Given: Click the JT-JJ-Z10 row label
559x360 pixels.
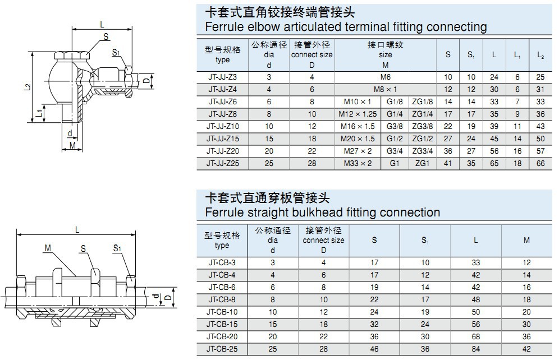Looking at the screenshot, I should point(222,127).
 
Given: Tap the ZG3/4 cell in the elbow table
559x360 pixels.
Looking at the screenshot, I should point(422,151).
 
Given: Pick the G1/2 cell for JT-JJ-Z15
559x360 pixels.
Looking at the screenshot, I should point(395,139).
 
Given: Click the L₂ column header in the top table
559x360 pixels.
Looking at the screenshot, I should point(540,55).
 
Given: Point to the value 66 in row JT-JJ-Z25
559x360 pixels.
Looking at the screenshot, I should point(540,164).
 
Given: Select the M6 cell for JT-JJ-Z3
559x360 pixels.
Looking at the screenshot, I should point(385,77).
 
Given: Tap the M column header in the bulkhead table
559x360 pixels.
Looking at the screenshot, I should point(526,240).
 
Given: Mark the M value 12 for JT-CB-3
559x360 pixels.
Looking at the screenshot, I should point(526,262).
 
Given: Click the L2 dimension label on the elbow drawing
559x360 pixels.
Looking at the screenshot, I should point(28,86).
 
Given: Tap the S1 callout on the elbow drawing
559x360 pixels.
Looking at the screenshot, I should point(116,53).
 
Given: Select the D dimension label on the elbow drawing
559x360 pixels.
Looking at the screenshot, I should point(146,81).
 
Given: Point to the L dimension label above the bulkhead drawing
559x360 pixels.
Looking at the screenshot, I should point(77,229).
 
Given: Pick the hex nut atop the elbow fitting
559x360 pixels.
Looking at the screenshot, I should point(71,57).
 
